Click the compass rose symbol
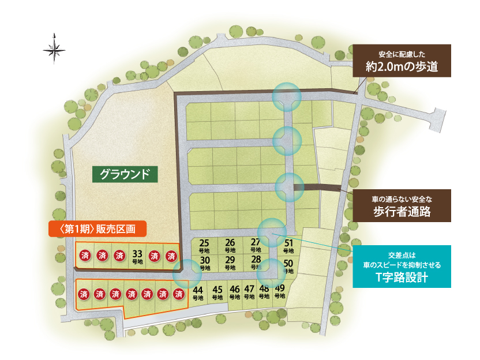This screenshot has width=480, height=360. point(55,49)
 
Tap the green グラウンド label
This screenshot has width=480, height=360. point(125,174)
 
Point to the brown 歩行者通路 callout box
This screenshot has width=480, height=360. point(402,205)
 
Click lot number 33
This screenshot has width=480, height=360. point(137,255)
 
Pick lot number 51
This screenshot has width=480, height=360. point(289,246)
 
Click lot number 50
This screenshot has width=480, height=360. point(289,266)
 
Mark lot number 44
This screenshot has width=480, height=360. point(198,292)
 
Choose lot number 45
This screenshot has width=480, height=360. point(217,292)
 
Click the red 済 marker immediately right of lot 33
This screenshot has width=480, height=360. point(153,255)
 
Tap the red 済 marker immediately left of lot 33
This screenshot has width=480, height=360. point(119,255)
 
